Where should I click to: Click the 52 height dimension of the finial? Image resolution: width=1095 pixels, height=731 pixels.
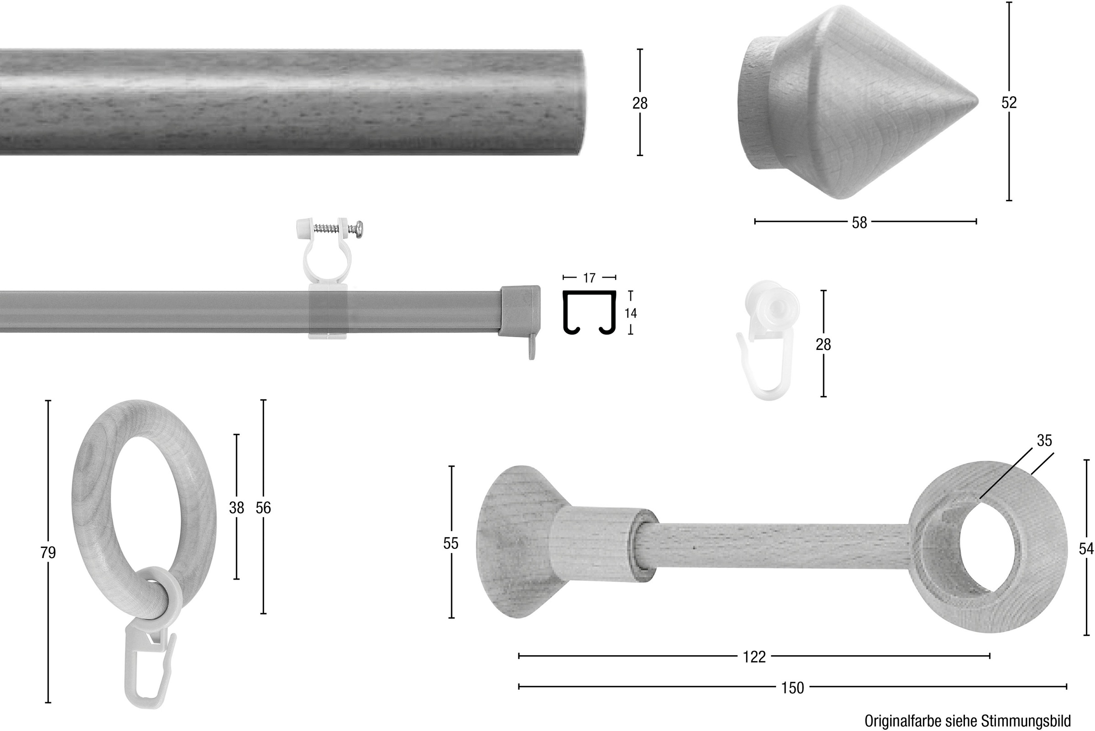tap(1009, 103)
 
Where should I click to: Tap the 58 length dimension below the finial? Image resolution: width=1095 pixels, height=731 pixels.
tap(859, 222)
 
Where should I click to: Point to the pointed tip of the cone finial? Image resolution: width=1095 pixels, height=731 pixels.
tap(978, 101)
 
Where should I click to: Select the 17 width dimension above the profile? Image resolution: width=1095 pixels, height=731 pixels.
tap(589, 278)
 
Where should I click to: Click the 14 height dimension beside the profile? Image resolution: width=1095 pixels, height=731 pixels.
tap(631, 313)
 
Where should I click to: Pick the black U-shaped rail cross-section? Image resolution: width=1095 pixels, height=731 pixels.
tap(589, 313)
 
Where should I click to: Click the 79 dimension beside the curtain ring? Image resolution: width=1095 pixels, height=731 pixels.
tap(48, 553)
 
